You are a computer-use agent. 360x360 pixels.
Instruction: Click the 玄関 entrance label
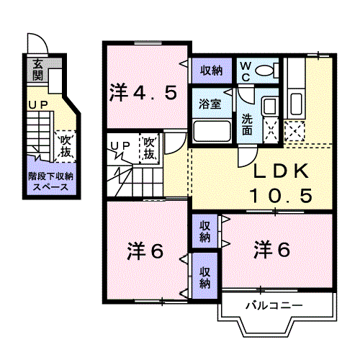coord(37,70)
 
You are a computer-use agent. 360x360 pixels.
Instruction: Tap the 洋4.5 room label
coord(143,92)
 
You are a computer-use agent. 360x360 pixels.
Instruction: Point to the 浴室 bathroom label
coord(210,102)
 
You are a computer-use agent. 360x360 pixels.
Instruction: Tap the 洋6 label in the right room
coord(273,250)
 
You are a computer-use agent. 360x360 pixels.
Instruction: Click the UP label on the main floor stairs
coord(120,146)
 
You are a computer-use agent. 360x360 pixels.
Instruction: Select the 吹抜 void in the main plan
coord(150,149)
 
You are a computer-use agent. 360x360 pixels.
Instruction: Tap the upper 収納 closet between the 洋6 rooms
coord(205,230)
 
